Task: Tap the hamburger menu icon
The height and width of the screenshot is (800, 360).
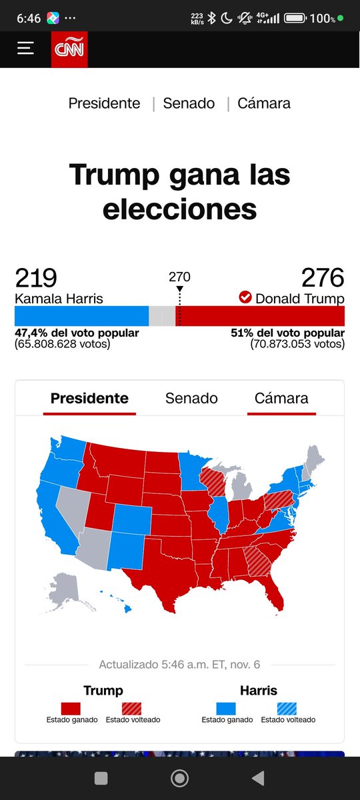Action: (x=25, y=49)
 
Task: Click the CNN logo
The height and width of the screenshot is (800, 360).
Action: (x=69, y=49)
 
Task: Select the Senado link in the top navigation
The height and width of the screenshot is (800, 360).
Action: (x=189, y=103)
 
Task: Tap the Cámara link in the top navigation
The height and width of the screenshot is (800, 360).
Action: (x=265, y=103)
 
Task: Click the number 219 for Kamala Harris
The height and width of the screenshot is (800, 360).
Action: (x=36, y=277)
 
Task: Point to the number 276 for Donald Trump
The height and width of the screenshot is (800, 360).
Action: (x=323, y=277)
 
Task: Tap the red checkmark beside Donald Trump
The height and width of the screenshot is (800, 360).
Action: (x=245, y=297)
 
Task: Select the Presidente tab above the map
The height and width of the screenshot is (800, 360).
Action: (x=89, y=398)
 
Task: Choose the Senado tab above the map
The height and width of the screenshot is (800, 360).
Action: (x=191, y=398)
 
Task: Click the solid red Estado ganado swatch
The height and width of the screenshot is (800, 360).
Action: (x=71, y=709)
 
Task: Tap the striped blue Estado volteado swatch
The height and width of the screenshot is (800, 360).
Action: (x=287, y=709)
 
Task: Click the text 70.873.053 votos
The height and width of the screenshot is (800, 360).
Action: (x=298, y=345)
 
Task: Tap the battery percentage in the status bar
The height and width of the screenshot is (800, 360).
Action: (x=322, y=19)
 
